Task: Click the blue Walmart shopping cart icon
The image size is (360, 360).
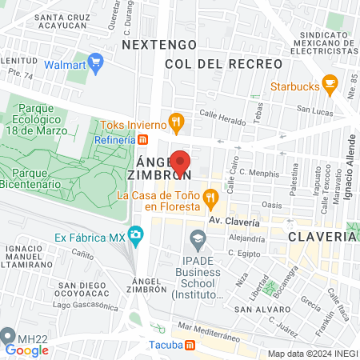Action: coord(95,62)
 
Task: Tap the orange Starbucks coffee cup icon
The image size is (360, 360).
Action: coord(329,84)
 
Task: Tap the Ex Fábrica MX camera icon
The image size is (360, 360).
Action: coord(135,236)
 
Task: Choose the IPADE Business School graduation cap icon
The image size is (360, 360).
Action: coord(197,238)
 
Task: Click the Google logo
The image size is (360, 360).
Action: coord(26,350)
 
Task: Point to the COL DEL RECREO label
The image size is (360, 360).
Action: coord(223,63)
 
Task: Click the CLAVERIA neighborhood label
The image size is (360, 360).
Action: coord(322,237)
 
